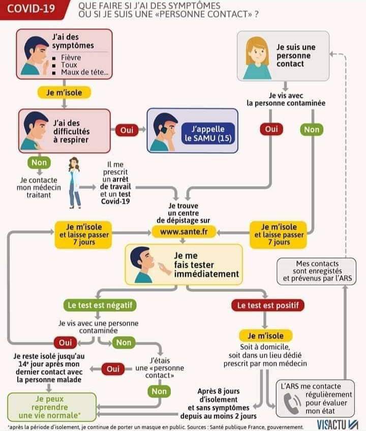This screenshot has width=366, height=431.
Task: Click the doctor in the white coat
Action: point(75,182)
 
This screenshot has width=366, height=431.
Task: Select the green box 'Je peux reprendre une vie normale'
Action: point(51,407)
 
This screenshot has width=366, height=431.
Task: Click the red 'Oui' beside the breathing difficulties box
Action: point(127,131)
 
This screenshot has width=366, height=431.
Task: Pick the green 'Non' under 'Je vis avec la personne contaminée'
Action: point(312,130)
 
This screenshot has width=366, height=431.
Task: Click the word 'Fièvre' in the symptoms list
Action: point(71,57)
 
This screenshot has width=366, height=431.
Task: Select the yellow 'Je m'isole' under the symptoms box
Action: point(64,93)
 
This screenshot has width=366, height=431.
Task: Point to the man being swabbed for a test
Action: point(144,263)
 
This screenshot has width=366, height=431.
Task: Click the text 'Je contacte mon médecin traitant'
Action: point(38,187)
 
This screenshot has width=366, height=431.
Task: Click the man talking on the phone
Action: point(164,131)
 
